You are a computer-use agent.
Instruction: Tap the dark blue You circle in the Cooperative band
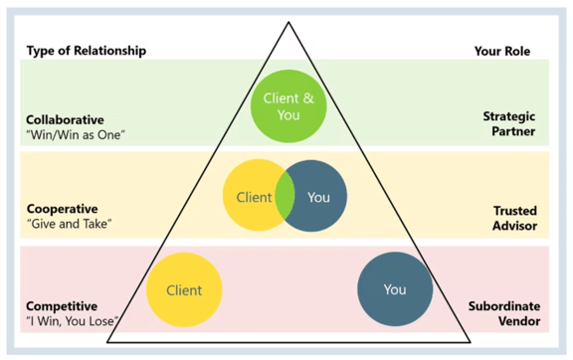[x=320, y=197]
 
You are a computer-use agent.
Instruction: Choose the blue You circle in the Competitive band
[x=394, y=289]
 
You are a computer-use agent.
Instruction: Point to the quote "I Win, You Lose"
[x=74, y=321]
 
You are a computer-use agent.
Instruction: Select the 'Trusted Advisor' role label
[x=515, y=219]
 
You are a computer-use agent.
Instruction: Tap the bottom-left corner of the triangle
[x=106, y=340]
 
